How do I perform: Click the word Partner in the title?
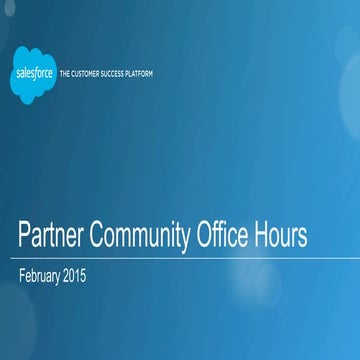[49, 237]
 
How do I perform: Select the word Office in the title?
[225, 237]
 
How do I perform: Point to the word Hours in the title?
[283, 237]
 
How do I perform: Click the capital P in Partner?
[25, 237]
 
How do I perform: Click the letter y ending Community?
[187, 240]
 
